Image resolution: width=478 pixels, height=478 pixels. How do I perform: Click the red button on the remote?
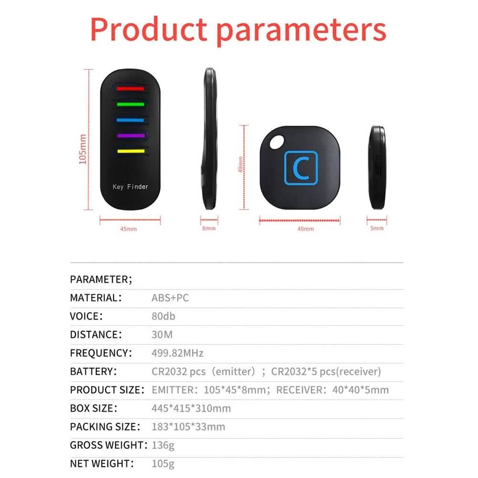pos(130,88)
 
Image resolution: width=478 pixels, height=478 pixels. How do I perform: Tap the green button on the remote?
pos(130,104)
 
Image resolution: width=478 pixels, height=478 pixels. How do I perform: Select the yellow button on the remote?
pos(130,151)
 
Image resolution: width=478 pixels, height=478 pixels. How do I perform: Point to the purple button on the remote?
pos(130,136)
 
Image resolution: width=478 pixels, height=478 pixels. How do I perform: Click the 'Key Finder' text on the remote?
pos(130,187)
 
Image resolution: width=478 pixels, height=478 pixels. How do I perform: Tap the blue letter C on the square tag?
pos(300,167)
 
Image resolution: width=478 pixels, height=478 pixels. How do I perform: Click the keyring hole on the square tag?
pos(275,141)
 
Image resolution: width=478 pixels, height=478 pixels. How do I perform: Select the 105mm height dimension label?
pos(83,149)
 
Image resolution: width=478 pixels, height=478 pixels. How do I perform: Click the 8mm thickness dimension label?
pos(209,229)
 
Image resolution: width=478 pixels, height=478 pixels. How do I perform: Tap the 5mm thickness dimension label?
pos(377,229)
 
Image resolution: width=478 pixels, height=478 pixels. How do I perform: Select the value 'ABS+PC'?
pos(170,298)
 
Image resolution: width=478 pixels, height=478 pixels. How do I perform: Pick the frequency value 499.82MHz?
pos(177,353)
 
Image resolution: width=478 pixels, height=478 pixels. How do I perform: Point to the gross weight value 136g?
pos(163,445)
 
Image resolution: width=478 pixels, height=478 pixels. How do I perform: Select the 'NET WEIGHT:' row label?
pos(102,463)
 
